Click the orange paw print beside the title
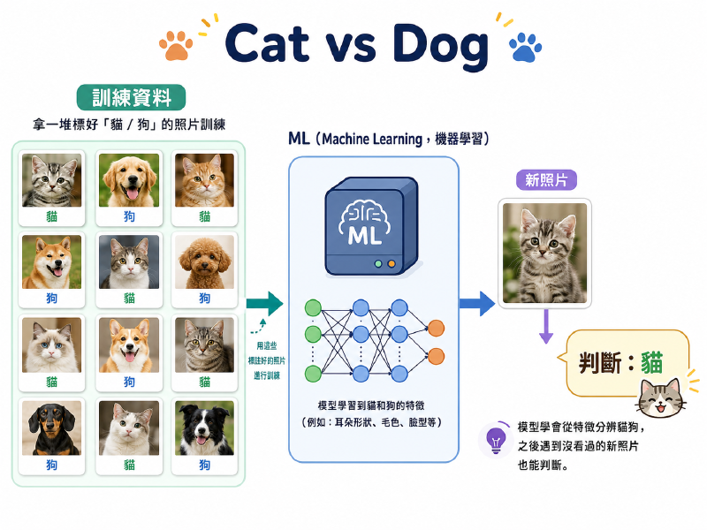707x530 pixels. point(176,46)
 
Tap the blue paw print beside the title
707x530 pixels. point(525,48)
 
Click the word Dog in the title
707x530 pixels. point(440,45)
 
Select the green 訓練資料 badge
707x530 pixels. point(131,97)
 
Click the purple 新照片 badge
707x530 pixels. point(546,180)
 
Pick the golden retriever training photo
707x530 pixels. point(129,180)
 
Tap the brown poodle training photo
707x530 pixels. point(205,261)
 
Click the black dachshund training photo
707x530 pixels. point(52,428)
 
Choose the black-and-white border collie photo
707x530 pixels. point(205,428)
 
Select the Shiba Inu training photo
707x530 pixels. point(52,261)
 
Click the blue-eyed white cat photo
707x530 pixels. point(52,344)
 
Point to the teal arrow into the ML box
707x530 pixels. point(264,303)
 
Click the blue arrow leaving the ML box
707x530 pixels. point(477,303)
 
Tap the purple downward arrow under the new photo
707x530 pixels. point(546,326)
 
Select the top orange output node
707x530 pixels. point(436,328)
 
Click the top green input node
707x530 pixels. point(313,308)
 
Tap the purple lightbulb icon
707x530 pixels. point(496,440)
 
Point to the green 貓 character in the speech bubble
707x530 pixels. point(652,363)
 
